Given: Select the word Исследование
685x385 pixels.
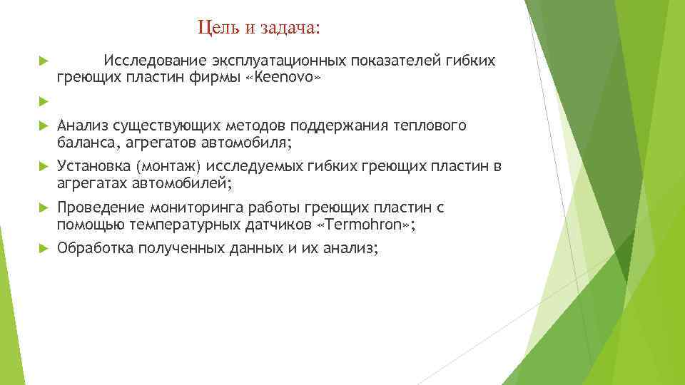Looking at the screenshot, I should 150,61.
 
